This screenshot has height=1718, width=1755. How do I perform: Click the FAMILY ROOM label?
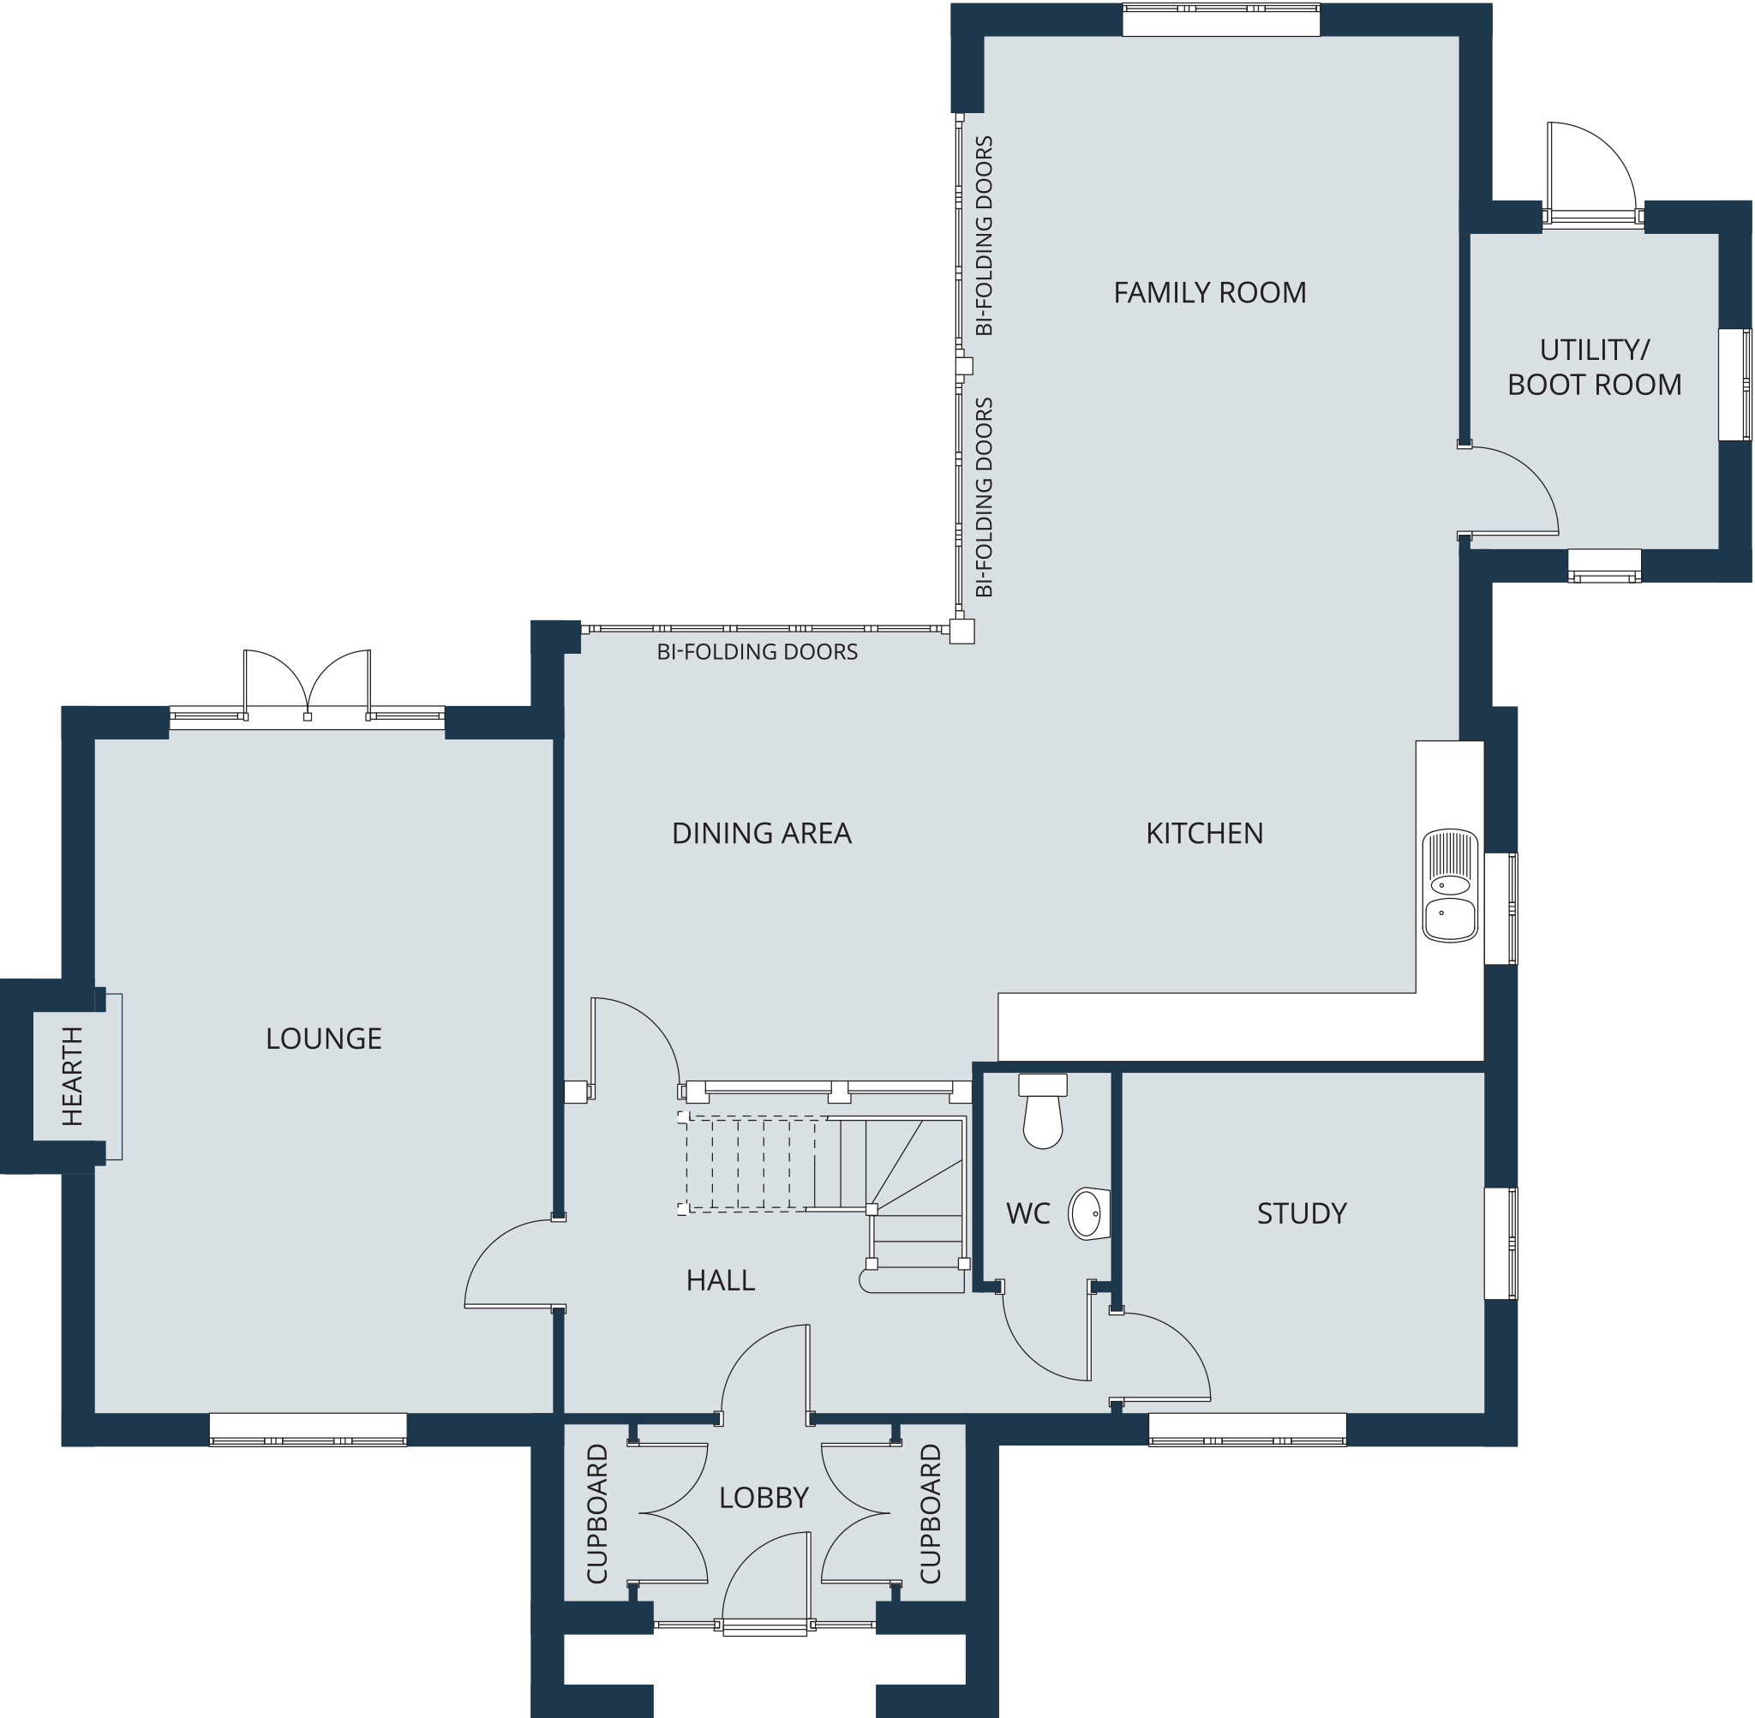[1209, 292]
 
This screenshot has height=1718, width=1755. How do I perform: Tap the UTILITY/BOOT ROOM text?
[1595, 368]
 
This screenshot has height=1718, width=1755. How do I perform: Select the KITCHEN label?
[1205, 833]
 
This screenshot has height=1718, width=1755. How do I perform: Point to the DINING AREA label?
[762, 833]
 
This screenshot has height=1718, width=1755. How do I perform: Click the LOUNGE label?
[324, 1039]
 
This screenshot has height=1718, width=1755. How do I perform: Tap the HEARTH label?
[72, 1075]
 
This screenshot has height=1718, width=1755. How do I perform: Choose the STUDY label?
[1301, 1213]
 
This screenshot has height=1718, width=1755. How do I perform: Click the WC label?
[1027, 1213]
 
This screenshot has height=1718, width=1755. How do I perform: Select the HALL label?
[720, 1280]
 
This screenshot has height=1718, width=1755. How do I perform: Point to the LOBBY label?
[764, 1498]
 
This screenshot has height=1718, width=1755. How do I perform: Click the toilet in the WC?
[1043, 1110]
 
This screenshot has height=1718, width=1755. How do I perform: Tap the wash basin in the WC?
[1089, 1213]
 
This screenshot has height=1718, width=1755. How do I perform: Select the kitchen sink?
[1450, 886]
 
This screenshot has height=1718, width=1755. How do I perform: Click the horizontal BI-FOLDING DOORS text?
[757, 651]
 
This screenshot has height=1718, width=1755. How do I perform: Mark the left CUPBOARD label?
[597, 1513]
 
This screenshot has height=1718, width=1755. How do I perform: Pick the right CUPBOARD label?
[931, 1513]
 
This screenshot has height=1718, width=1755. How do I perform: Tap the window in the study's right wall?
[1500, 1243]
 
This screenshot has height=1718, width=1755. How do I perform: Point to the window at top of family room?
[1221, 20]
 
